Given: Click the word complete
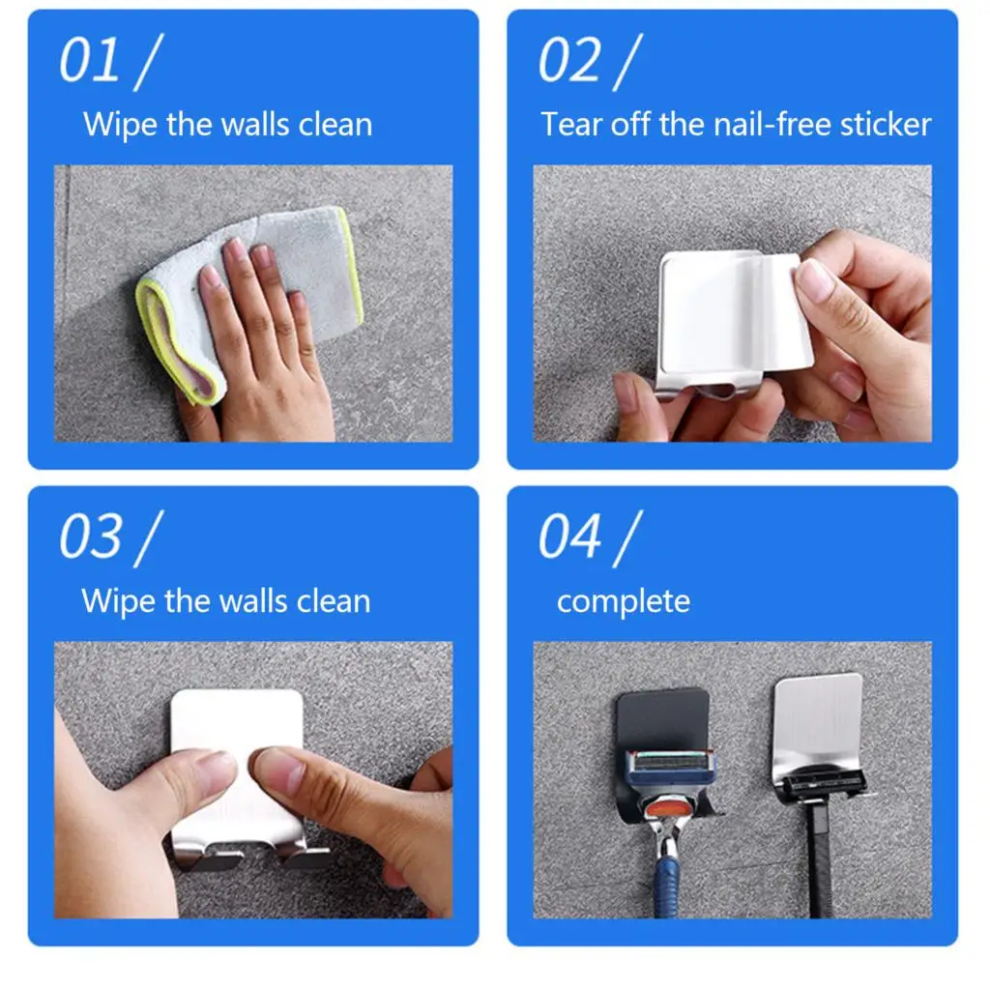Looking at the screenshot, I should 624,601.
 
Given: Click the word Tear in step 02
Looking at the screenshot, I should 571,125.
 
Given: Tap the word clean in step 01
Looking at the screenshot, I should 335,125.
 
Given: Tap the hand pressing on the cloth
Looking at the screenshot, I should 256,338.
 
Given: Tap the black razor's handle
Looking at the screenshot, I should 820,860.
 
